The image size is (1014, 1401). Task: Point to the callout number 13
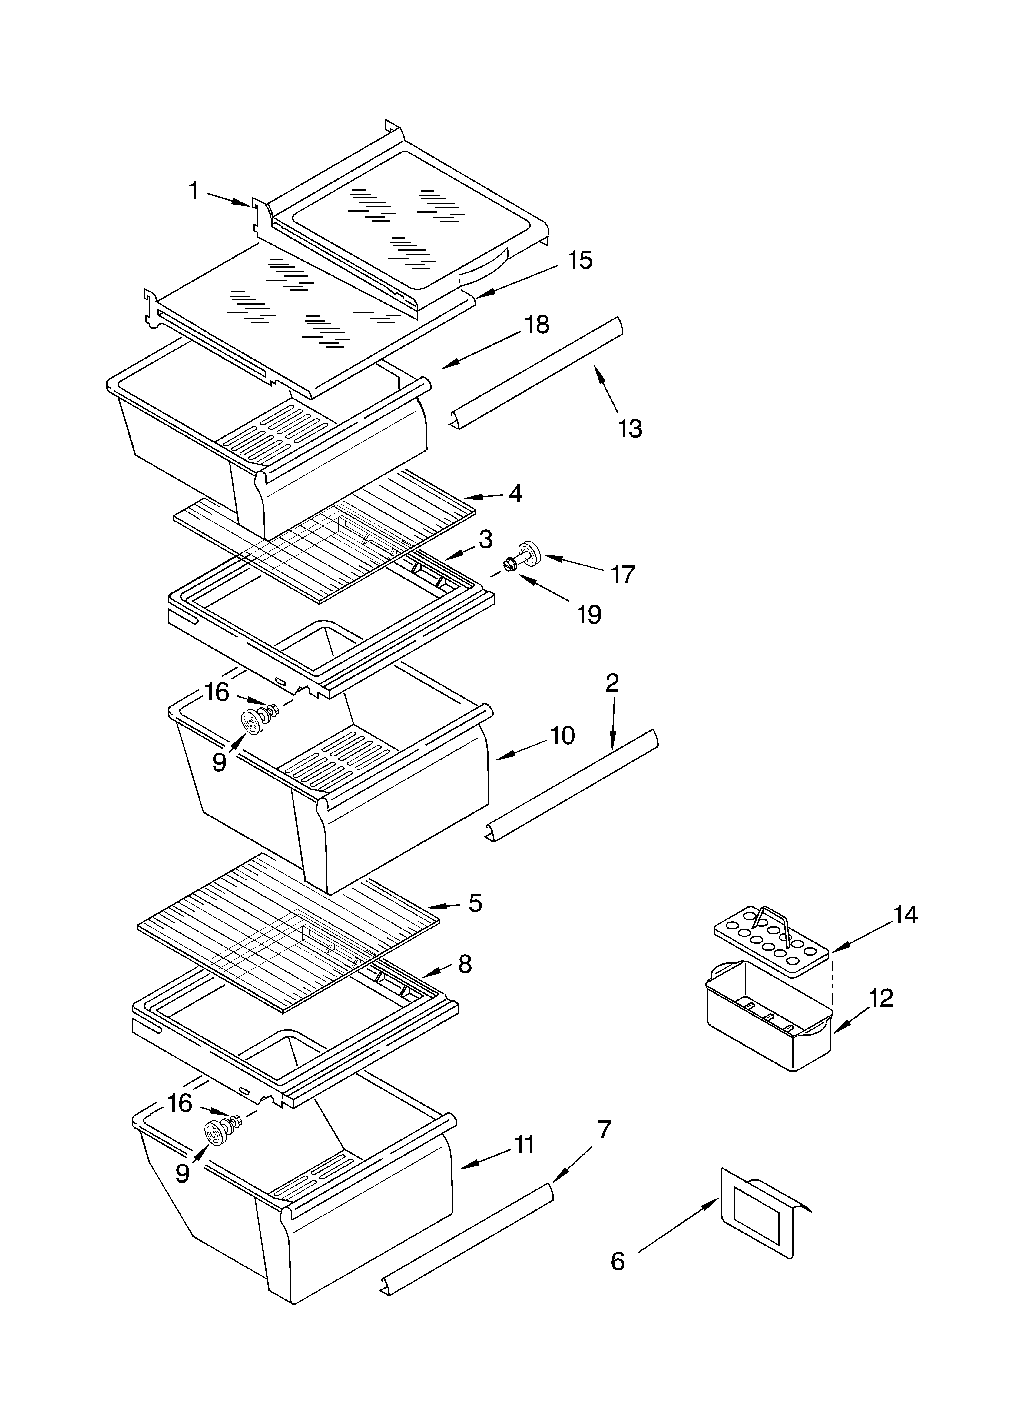point(630,428)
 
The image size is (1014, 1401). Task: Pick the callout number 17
point(622,575)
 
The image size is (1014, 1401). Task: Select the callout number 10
point(562,735)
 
